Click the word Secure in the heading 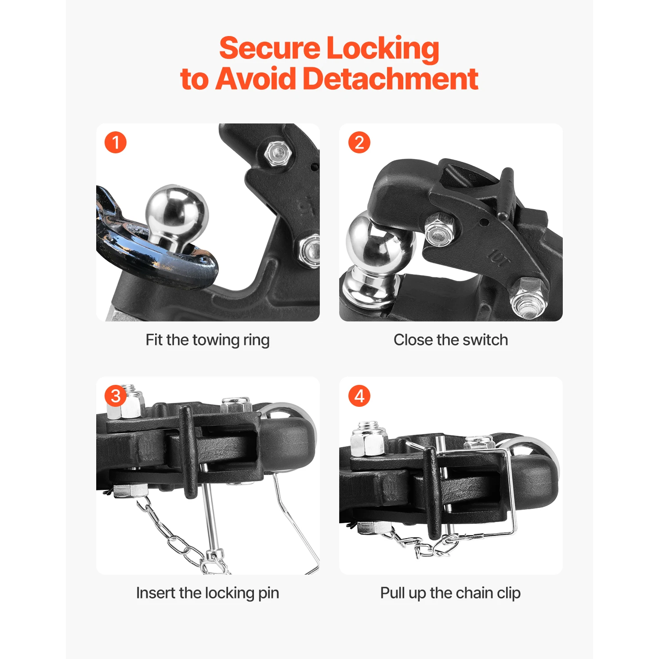point(269,48)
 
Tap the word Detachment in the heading point(390,79)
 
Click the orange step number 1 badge point(116,143)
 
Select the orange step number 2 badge point(359,143)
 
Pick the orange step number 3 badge point(116,396)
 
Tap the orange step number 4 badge point(359,396)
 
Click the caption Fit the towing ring point(207,340)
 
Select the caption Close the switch point(450,340)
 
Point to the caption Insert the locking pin point(207,593)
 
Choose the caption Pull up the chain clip point(450,593)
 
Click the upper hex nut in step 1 point(278,153)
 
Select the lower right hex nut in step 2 point(527,299)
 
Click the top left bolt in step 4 point(368,439)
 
